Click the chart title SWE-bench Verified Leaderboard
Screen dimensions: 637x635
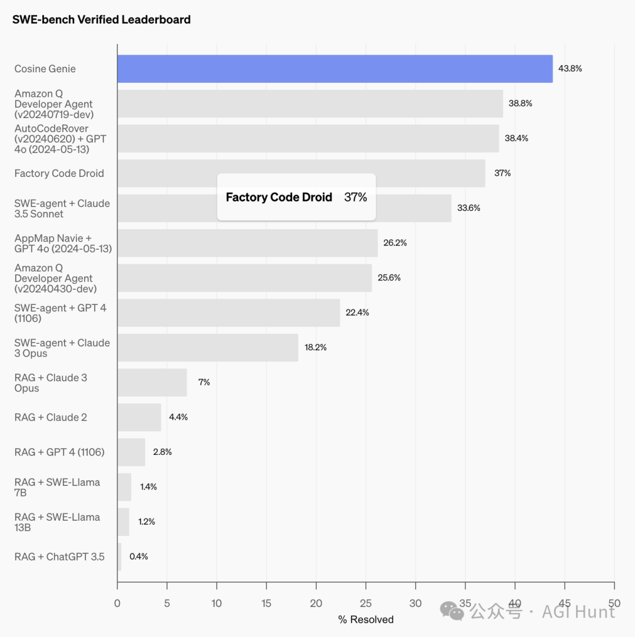(101, 19)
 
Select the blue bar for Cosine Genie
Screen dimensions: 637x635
(335, 69)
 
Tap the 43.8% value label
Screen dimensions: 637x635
(570, 69)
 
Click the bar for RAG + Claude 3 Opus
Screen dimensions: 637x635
(152, 383)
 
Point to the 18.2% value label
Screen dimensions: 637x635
(315, 347)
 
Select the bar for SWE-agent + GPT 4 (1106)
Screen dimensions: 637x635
(228, 313)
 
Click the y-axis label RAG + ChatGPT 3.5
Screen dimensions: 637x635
(59, 556)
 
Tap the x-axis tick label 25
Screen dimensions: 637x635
(366, 602)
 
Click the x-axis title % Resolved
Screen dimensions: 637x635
(366, 619)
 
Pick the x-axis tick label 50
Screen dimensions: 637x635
(614, 602)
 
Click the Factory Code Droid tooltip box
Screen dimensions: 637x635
(296, 197)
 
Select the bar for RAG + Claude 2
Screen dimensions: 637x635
(139, 417)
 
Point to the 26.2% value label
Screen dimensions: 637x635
(395, 243)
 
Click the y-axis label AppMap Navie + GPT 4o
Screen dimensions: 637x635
(63, 243)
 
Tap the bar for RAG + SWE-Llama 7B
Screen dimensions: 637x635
(124, 487)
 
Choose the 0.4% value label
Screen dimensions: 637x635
(139, 556)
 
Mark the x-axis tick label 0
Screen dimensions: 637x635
(118, 602)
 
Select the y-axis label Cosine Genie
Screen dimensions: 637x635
(45, 69)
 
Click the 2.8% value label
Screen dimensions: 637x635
(162, 452)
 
